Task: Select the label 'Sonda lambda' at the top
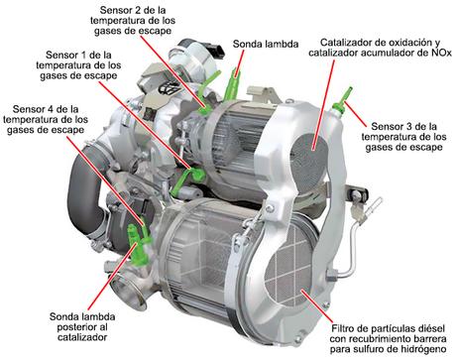(x=264, y=45)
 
